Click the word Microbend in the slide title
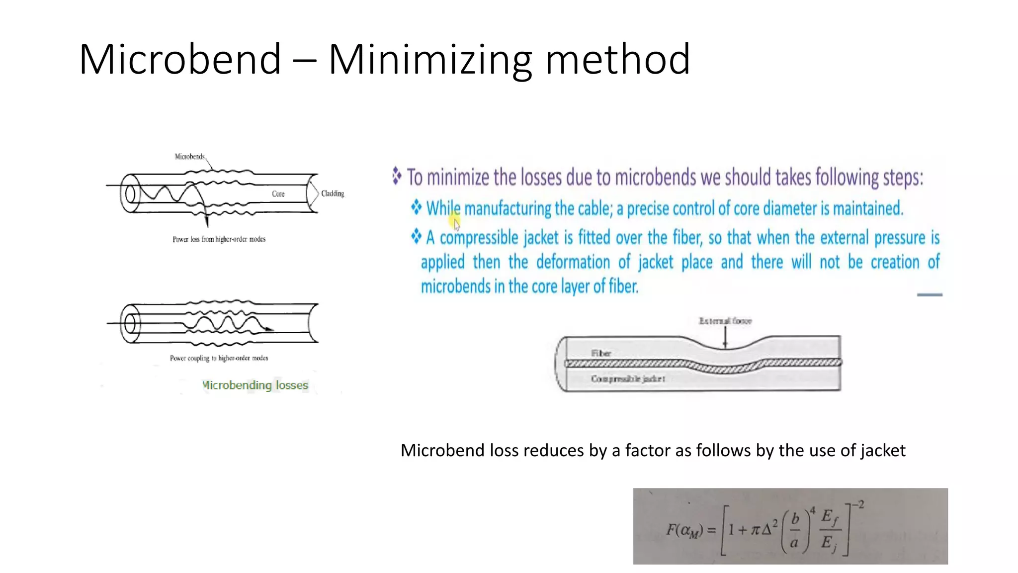pos(180,60)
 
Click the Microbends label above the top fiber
pos(189,157)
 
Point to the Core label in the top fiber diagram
pos(278,194)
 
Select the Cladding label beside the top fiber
pos(333,193)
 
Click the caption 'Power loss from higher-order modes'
pos(219,239)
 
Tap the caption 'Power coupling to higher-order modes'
pos(219,358)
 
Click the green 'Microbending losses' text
pos(255,385)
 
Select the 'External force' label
pos(725,321)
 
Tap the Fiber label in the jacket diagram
pos(601,353)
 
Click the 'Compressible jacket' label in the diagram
pos(628,379)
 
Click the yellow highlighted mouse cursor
pos(455,222)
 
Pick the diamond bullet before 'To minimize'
pos(397,176)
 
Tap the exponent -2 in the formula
pos(858,505)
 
